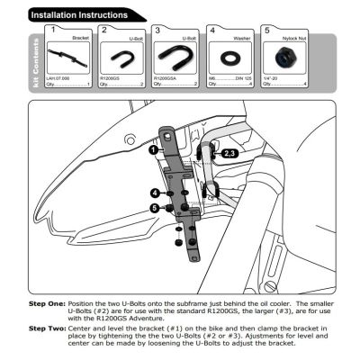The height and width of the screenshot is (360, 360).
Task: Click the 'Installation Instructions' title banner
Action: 85,14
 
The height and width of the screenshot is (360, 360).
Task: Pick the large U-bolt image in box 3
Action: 176,60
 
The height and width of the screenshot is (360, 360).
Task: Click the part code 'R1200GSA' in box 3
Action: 166,78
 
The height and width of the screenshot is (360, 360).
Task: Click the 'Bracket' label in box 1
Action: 84,40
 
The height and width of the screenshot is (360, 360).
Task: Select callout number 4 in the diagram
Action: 155,193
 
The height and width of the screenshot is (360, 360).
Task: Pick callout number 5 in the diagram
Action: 155,209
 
